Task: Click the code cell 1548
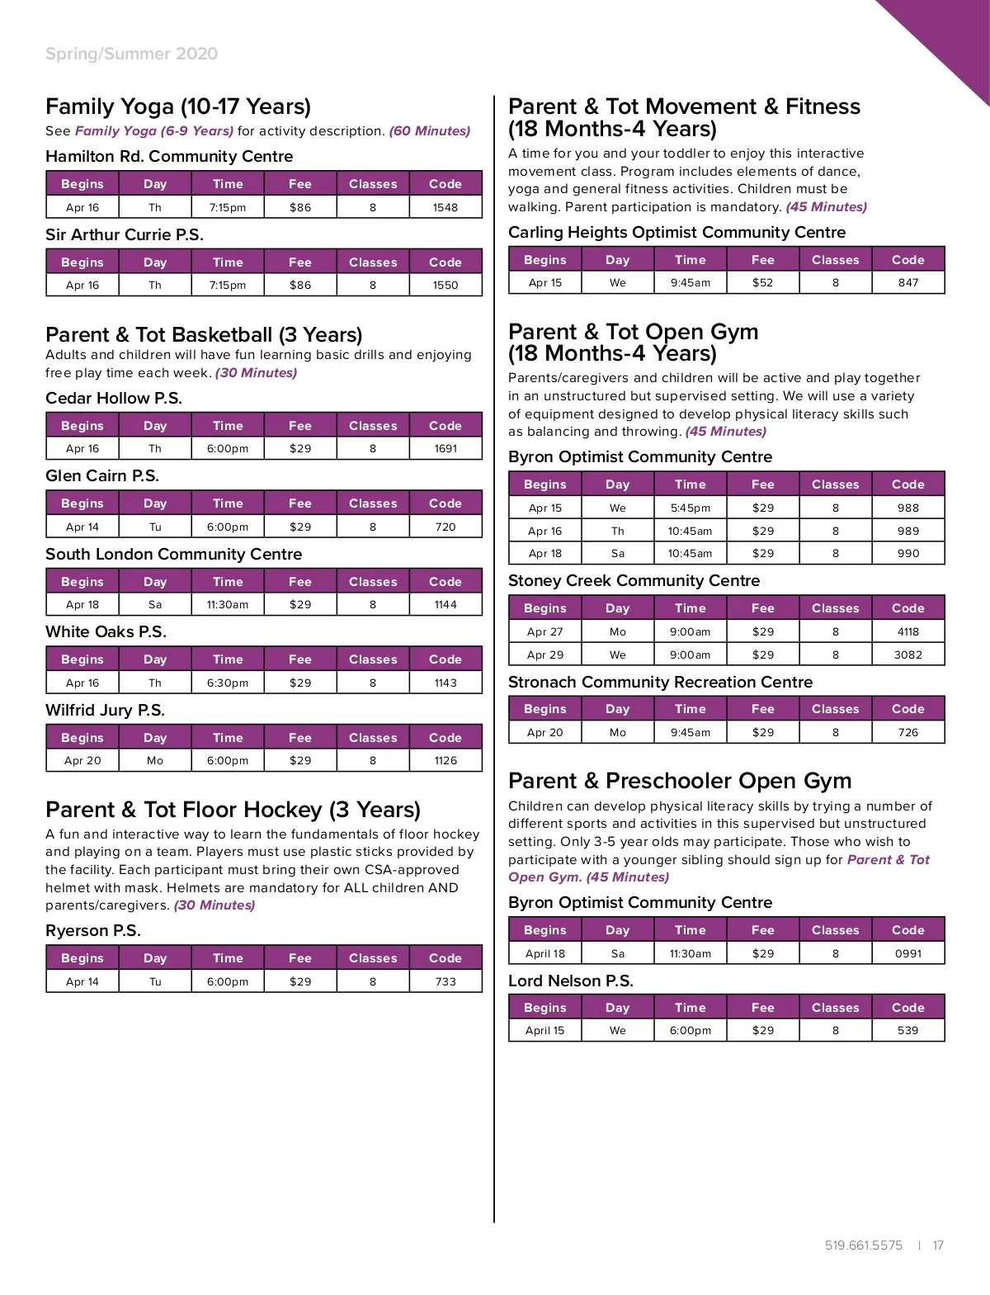[445, 207]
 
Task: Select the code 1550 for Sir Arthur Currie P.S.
[445, 285]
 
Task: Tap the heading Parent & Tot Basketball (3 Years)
[204, 334]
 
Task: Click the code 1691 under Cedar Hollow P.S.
[445, 448]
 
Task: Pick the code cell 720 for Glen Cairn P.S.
[445, 527]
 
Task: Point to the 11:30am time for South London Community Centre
[228, 604]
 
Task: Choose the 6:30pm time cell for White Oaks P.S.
[228, 683]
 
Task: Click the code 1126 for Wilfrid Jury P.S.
[445, 760]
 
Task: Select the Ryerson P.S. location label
[93, 930]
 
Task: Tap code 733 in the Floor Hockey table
[445, 981]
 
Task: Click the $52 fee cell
[763, 282]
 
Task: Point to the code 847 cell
[908, 282]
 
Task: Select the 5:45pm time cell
[691, 508]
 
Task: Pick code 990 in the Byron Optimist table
[908, 553]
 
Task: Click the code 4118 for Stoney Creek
[908, 631]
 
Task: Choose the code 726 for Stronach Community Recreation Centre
[908, 732]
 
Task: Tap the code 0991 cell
[908, 953]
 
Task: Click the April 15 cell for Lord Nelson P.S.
[545, 1030]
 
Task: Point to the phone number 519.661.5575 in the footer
[864, 1245]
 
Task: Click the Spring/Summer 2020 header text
[132, 54]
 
